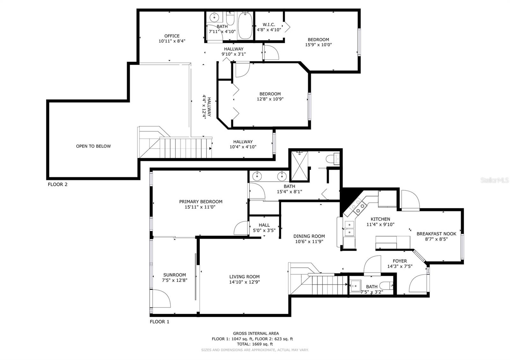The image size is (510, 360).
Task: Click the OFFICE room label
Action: (172, 36)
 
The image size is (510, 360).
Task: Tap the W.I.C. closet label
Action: (269, 25)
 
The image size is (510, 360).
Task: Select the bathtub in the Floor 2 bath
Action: (245, 26)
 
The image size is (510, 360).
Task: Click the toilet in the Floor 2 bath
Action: (230, 18)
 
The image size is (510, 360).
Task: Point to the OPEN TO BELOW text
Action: (93, 146)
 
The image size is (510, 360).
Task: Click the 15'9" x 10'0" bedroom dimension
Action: (318, 45)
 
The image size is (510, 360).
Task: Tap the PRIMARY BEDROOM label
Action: (200, 202)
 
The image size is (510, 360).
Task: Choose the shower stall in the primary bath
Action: (300, 166)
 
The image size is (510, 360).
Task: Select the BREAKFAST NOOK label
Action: (436, 234)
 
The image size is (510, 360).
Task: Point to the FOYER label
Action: (400, 261)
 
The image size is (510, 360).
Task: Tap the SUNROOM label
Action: (174, 275)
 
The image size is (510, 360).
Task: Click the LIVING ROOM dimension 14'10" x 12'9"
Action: (244, 282)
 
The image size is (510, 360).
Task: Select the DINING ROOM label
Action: (309, 236)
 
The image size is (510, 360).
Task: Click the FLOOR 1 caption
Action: (159, 321)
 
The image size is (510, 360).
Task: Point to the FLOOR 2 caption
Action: (58, 184)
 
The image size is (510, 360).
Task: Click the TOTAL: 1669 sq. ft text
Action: (255, 344)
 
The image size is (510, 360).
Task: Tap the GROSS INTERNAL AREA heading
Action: (256, 333)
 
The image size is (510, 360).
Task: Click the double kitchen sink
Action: (349, 229)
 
